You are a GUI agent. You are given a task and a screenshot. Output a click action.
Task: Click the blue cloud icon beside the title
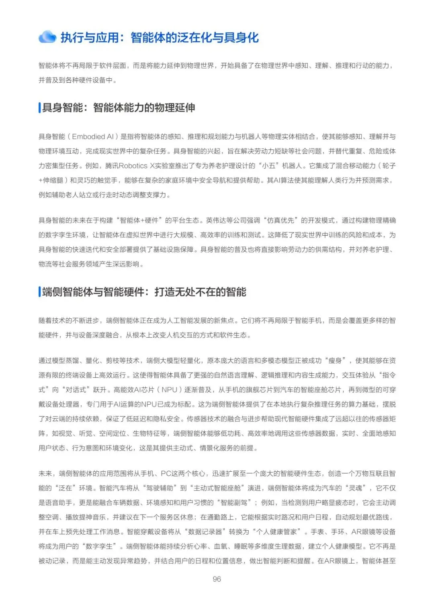click(x=47, y=37)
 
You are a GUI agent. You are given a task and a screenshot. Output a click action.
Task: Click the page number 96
click(x=217, y=579)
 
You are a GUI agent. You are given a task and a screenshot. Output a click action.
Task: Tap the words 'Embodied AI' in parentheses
click(x=93, y=136)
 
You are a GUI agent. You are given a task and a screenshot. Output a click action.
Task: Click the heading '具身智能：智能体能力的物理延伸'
click(x=119, y=108)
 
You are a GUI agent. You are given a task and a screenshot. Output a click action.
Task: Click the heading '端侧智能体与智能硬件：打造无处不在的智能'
click(x=144, y=292)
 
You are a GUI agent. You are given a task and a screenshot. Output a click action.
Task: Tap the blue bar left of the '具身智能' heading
click(x=39, y=108)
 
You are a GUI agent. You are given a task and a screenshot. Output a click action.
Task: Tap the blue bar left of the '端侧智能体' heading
click(x=39, y=292)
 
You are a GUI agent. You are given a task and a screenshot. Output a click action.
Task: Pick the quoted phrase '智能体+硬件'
click(x=140, y=220)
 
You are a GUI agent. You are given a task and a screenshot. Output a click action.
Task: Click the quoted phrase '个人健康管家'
click(x=277, y=532)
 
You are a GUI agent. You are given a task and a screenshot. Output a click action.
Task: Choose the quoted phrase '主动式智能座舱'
click(x=217, y=488)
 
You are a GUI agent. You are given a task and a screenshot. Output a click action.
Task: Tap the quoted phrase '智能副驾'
click(x=234, y=503)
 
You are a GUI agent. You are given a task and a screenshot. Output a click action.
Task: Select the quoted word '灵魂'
click(x=356, y=488)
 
